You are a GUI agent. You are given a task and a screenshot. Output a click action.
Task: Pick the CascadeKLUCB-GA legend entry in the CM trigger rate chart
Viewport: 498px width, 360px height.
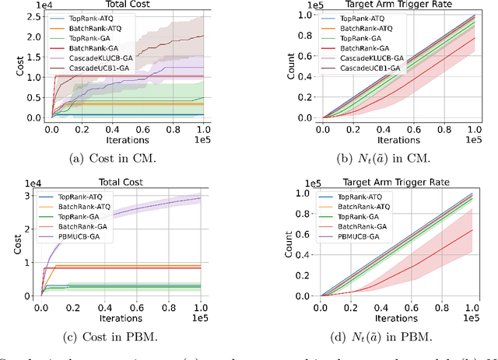point(372,58)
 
